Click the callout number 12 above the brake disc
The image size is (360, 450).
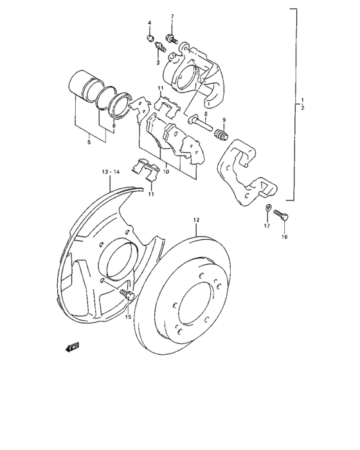click(196, 220)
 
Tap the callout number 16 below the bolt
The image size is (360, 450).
click(284, 237)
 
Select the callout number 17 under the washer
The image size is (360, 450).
click(267, 226)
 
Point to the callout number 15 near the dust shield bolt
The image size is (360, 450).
click(127, 317)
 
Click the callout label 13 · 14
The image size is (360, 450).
click(111, 172)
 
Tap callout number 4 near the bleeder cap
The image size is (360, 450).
click(149, 23)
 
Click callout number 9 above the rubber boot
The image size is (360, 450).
click(224, 121)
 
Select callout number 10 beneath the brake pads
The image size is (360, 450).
click(165, 171)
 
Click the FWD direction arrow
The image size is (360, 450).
click(72, 347)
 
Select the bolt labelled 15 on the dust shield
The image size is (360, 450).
click(127, 296)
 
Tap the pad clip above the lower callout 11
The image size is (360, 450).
click(145, 168)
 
